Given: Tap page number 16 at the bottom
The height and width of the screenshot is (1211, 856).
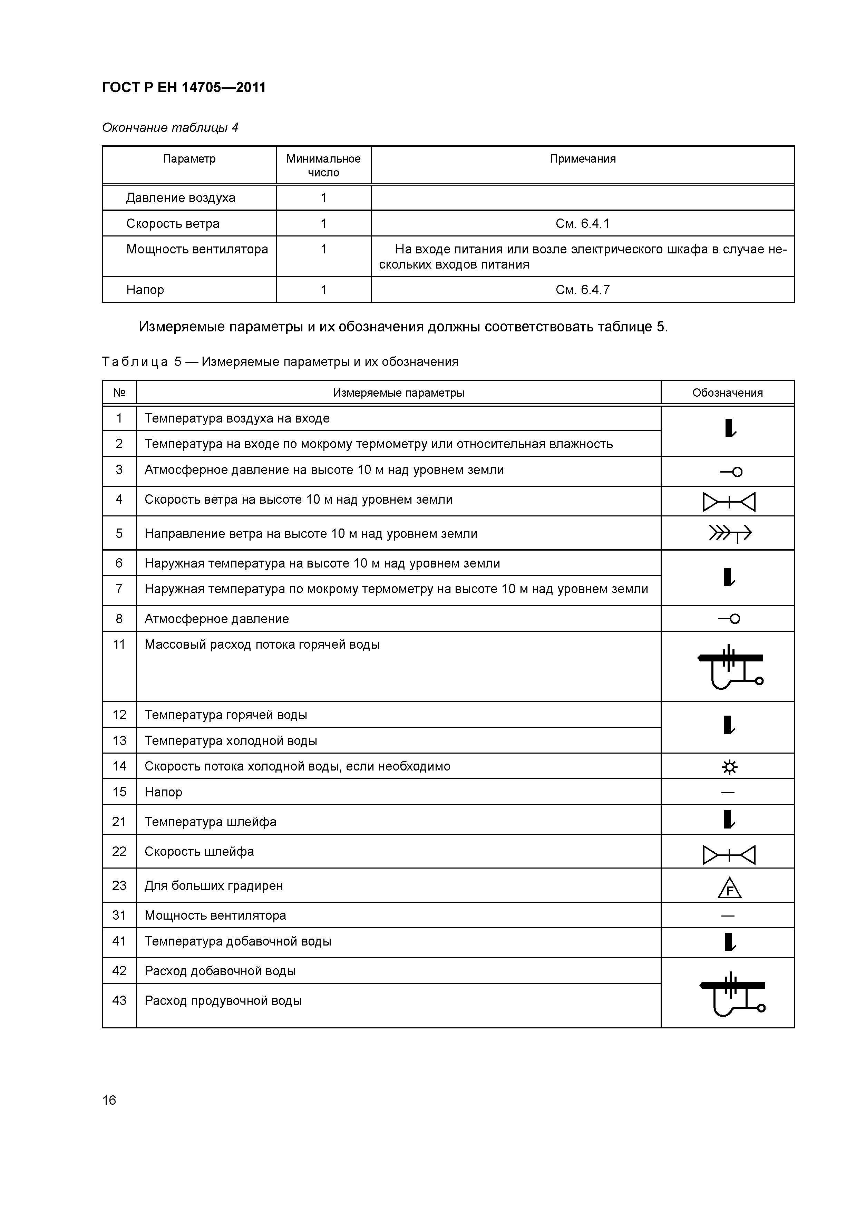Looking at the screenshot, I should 109,1100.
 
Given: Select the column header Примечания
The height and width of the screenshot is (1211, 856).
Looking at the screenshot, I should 582,159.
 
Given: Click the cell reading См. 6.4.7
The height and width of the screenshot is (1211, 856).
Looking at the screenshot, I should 582,290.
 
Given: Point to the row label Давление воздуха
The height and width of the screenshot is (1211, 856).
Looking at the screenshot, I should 181,198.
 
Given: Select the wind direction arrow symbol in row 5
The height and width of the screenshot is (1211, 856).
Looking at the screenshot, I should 729,534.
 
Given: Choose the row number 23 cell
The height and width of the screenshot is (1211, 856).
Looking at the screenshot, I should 119,885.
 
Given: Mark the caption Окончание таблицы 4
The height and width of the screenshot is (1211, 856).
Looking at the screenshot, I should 170,128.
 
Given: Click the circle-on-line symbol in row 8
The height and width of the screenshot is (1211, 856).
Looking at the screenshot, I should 729,619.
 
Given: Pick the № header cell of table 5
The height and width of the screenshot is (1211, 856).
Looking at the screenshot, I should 119,393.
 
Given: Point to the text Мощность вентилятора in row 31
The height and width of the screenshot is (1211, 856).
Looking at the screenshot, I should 215,915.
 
